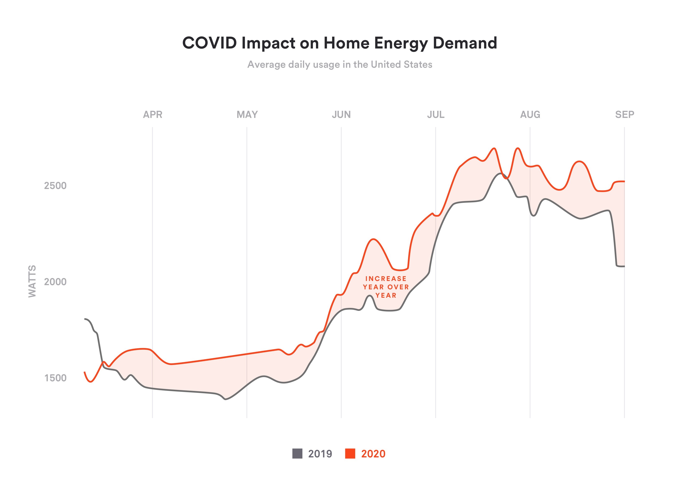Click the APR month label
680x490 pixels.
(x=153, y=115)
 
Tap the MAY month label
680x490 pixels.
(x=247, y=115)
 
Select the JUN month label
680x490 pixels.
(x=341, y=115)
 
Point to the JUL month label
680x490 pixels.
(x=436, y=115)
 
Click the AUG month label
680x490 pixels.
(x=530, y=115)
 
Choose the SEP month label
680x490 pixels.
(x=624, y=115)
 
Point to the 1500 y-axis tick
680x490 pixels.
(x=56, y=378)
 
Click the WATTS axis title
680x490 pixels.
(x=32, y=281)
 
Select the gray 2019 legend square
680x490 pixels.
(x=297, y=453)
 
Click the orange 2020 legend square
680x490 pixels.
(x=350, y=453)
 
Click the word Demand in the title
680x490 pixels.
(x=465, y=43)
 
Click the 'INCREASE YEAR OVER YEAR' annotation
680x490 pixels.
(x=386, y=287)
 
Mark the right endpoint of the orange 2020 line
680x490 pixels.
(x=624, y=181)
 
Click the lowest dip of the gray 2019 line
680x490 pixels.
(x=226, y=399)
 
